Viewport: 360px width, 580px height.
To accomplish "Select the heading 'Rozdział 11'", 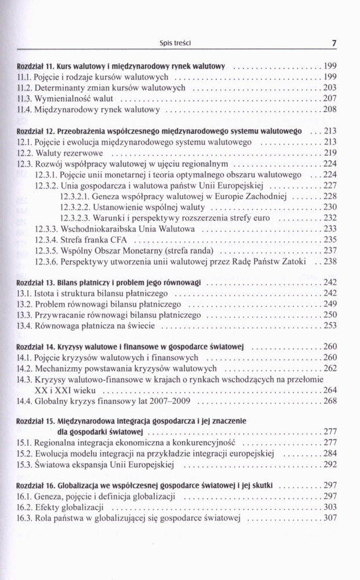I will pos(31,66).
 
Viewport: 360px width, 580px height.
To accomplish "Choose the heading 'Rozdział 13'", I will pos(31,282).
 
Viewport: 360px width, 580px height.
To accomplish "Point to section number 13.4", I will pos(26,326).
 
